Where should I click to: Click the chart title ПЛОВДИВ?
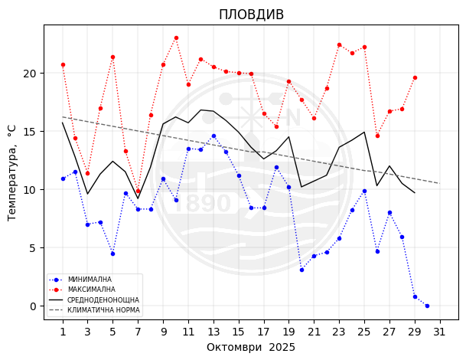point(251,15)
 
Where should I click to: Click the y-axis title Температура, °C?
point(12,173)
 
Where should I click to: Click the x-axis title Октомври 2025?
point(251,347)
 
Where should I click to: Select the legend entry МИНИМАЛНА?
point(90,280)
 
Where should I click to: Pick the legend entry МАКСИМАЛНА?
point(91,290)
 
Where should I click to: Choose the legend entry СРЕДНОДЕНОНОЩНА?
point(103,299)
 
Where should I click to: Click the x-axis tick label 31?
point(439,332)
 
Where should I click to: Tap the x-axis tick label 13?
point(213,332)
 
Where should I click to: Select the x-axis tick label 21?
point(314,332)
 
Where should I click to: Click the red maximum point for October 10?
point(176,38)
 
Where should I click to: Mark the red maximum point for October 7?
point(138,191)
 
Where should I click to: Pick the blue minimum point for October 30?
point(427,306)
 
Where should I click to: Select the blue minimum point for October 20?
point(301,270)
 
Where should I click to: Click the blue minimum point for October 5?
point(112,254)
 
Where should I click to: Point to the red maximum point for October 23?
point(339,44)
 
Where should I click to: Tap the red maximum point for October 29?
point(415,77)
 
